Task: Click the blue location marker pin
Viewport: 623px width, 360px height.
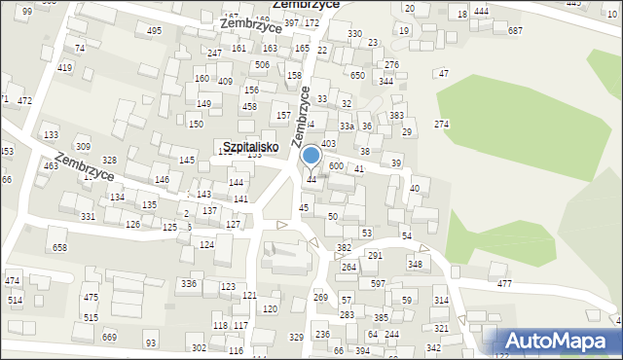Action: (311, 156)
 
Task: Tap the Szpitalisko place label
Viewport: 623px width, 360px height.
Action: (251, 147)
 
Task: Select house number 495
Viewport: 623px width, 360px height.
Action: (154, 31)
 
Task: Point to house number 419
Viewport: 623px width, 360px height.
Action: (65, 67)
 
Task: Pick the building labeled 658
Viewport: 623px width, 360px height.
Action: (60, 247)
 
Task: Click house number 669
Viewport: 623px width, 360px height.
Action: (109, 337)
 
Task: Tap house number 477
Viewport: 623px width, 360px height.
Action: (504, 283)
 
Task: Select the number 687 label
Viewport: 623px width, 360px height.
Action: (515, 31)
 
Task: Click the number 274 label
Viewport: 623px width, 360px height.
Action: (441, 124)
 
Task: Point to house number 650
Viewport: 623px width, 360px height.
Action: (357, 75)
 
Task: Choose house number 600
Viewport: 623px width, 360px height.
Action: (336, 167)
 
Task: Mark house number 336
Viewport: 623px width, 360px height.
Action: (189, 283)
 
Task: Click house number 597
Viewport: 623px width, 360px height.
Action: (377, 283)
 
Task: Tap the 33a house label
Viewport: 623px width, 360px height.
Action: (346, 126)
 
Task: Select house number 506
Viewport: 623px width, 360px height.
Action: (262, 65)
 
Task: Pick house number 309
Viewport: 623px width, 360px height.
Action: (83, 146)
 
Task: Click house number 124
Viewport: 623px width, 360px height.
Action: (206, 244)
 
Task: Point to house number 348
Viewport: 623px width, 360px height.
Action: (415, 264)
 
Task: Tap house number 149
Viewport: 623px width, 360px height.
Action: (203, 103)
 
